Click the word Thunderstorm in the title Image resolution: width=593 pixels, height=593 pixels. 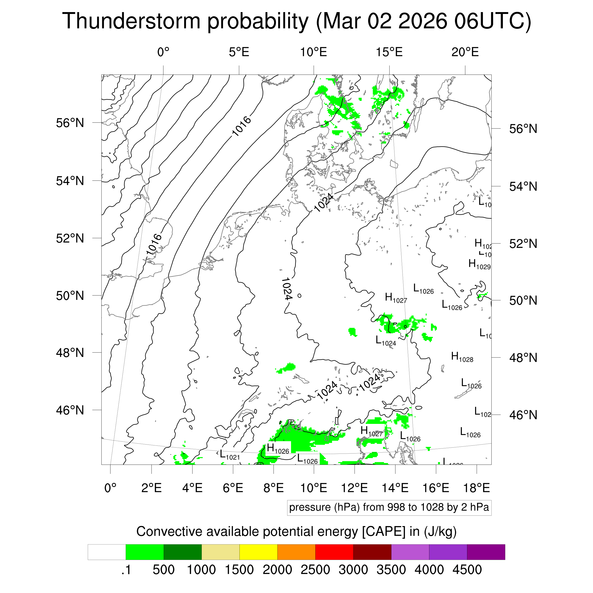(131, 22)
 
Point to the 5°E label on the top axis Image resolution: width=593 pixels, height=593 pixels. (239, 52)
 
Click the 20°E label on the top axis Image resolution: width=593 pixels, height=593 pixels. (465, 52)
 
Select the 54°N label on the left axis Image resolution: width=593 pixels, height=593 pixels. (70, 181)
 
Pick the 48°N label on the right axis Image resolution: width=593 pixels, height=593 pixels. (523, 358)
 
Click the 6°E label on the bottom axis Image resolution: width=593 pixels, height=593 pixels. (233, 488)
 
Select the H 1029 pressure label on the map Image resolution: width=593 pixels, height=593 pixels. (479, 264)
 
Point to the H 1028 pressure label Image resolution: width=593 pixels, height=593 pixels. (462, 357)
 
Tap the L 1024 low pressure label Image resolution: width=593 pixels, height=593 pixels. (385, 341)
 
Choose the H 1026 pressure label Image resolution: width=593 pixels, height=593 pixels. (278, 449)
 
